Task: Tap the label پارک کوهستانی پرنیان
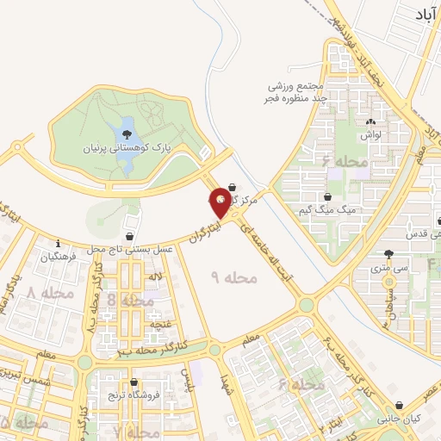coord(127,148)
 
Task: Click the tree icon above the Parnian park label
coord(127,134)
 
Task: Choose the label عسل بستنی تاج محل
coord(129,248)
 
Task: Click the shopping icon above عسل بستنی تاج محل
coord(129,235)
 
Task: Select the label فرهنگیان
coord(59,257)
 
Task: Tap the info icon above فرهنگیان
coord(57,243)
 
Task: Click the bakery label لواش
coord(371,135)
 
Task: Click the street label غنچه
coord(158,324)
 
